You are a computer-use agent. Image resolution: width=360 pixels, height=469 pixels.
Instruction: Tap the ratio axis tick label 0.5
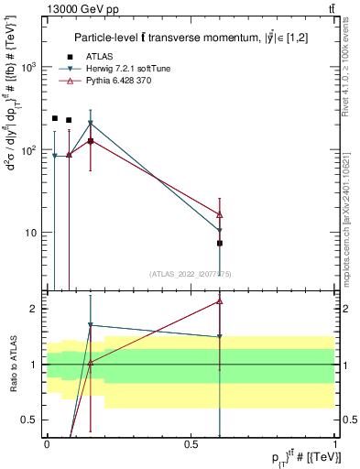[32, 420]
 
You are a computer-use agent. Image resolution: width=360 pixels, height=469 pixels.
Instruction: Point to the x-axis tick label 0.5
[191, 443]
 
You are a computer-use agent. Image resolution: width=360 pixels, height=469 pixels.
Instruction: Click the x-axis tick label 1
[334, 443]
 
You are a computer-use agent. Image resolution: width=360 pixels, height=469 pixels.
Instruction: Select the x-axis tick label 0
[47, 443]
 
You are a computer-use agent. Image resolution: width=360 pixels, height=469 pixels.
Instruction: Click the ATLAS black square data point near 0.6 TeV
[220, 243]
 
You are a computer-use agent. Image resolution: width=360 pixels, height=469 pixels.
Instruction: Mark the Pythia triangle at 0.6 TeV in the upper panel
[220, 214]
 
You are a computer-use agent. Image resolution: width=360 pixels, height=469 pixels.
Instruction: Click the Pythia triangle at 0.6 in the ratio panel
[220, 300]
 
